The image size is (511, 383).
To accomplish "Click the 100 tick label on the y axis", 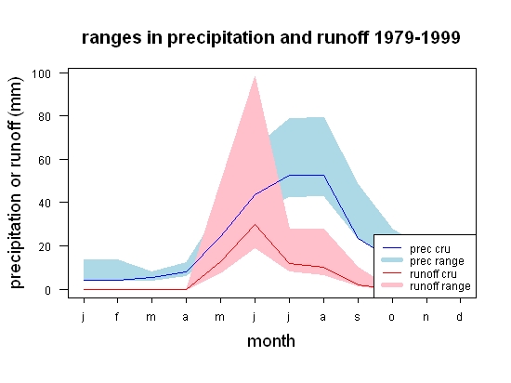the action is [42, 73].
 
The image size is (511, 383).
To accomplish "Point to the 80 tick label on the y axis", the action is [45, 117].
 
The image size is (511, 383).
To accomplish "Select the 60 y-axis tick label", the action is [45, 160].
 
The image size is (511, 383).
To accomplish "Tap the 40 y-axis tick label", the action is [45, 204].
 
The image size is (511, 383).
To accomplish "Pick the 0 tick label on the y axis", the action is [48, 290].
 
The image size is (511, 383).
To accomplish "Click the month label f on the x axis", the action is [117, 316].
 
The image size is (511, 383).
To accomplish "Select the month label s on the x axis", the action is [358, 317].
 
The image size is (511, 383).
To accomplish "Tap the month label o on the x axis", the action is [392, 317].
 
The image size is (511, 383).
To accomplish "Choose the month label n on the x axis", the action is [426, 317].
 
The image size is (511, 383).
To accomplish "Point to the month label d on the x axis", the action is [460, 316].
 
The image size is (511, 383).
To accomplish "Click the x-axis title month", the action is [271, 341].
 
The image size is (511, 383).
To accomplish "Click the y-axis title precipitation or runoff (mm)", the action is [16, 183].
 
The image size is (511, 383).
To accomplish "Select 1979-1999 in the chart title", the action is [417, 37].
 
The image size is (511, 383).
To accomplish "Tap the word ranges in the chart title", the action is [111, 38].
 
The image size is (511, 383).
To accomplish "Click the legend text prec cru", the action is [430, 249].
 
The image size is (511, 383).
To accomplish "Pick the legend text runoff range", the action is [440, 286].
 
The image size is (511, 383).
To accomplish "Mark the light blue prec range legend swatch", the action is [392, 260].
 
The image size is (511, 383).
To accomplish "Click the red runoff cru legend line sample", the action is [392, 272].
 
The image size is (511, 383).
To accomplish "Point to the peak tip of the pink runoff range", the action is [255, 76].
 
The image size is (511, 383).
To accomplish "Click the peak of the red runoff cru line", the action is [255, 225].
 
